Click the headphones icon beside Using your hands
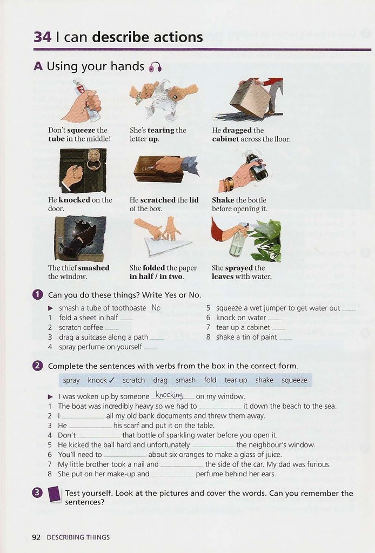(156, 66)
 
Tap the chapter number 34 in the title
(43, 37)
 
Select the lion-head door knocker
(93, 160)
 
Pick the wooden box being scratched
(157, 169)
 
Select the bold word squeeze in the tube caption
(81, 130)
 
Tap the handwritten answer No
(156, 308)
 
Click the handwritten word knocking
(169, 395)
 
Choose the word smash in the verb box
(185, 380)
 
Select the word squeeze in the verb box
(294, 380)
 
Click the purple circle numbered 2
(38, 366)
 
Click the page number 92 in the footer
(36, 537)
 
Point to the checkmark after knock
(112, 380)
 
